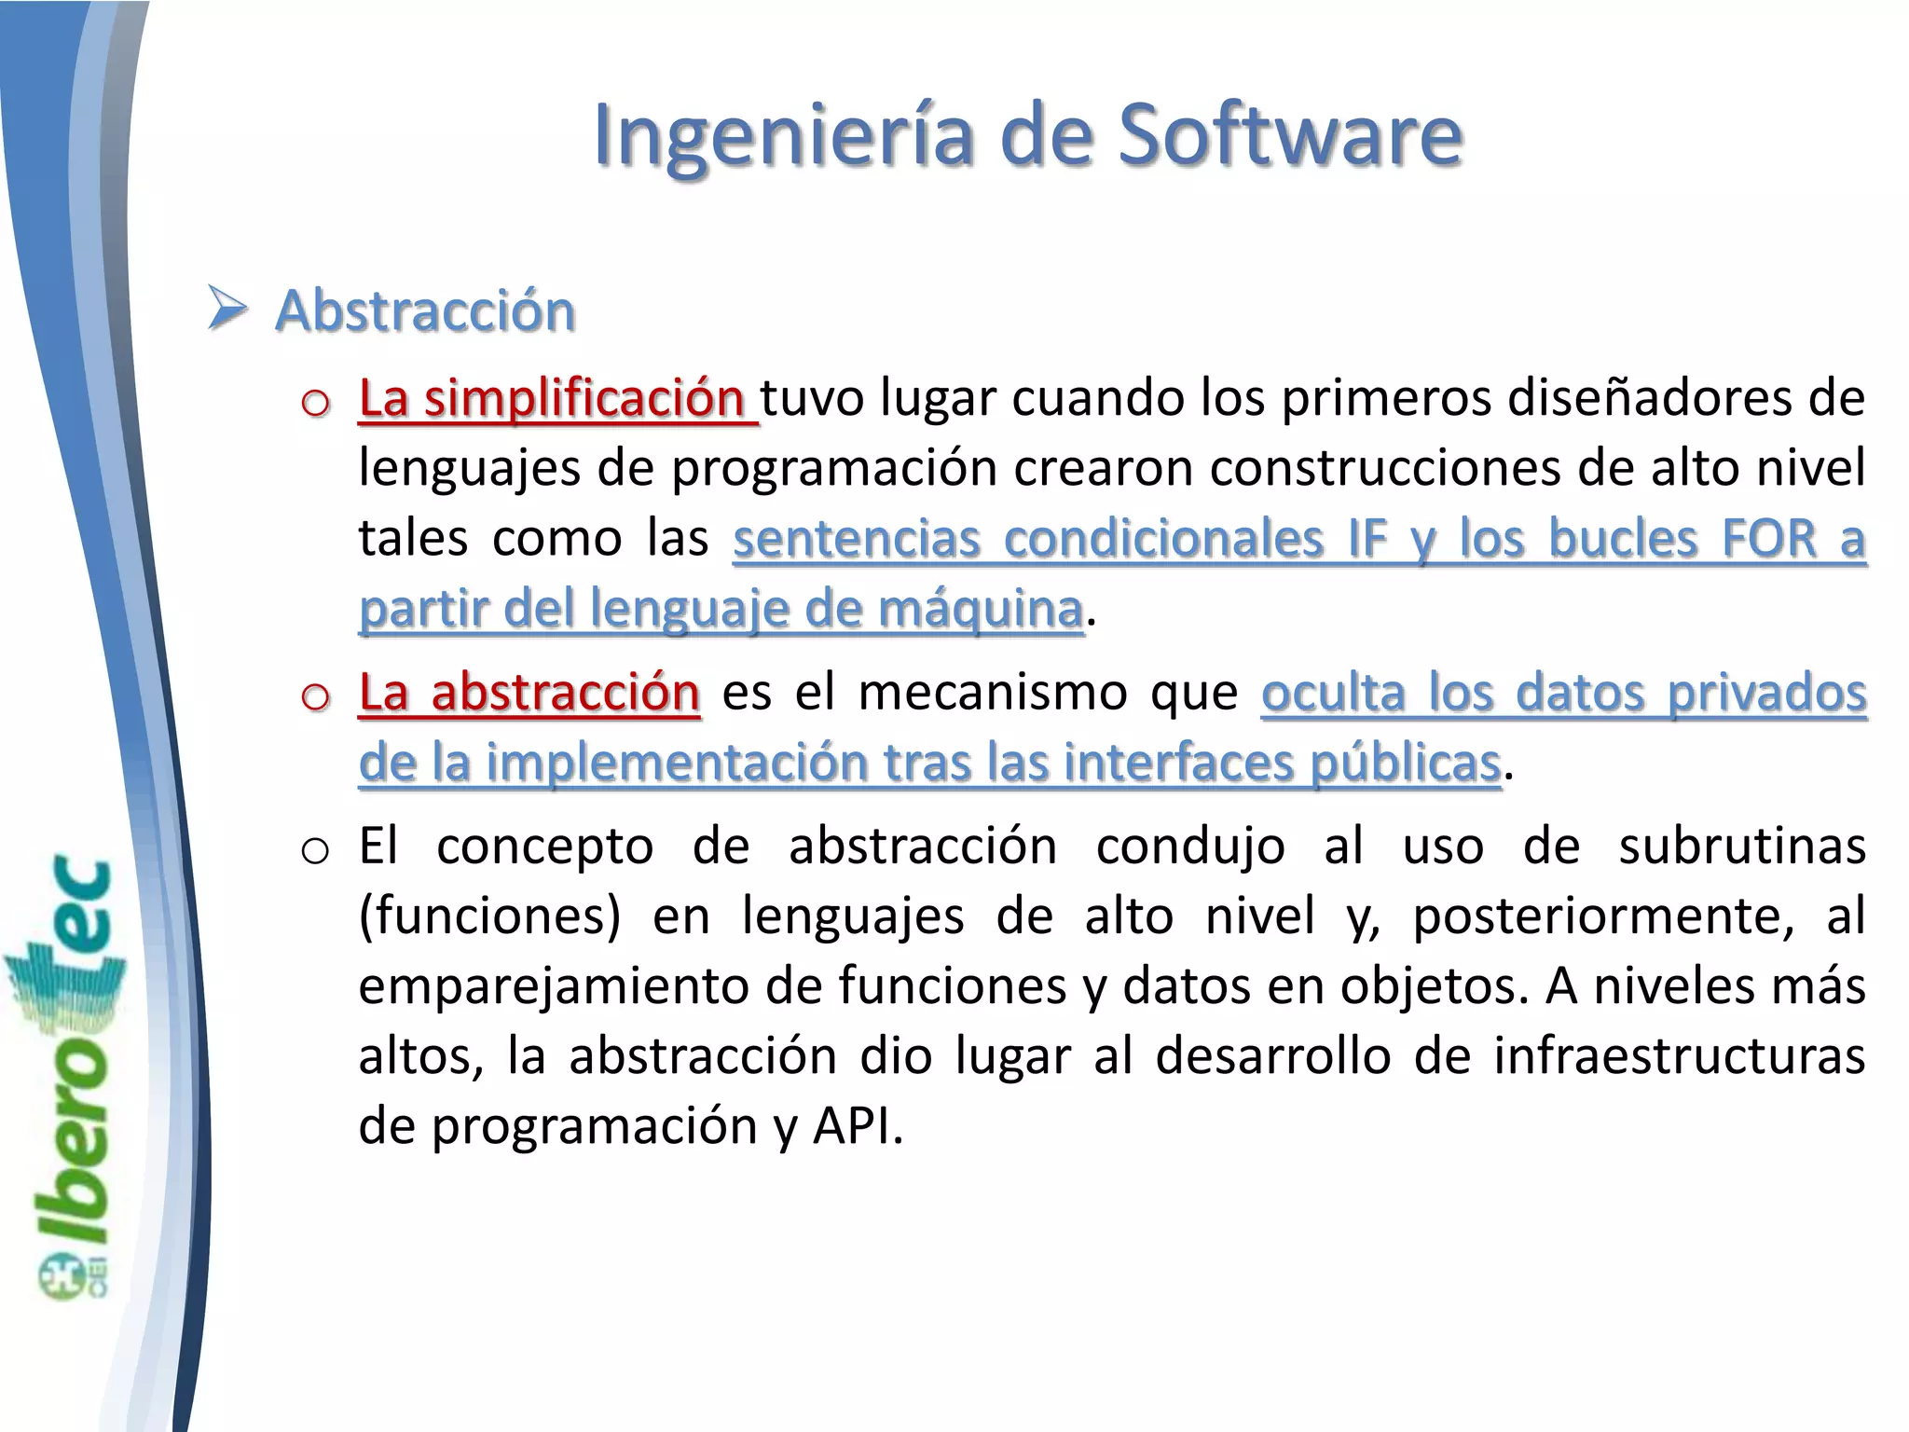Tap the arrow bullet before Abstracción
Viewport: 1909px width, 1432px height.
pos(227,309)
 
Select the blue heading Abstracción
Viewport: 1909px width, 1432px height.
pos(425,310)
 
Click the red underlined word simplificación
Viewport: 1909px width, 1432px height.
pos(584,399)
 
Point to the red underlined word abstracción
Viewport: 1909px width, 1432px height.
pos(565,693)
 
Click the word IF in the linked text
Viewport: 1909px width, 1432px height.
pos(1367,539)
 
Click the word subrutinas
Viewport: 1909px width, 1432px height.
pos(1741,847)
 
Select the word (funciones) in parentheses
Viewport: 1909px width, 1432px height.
pos(489,916)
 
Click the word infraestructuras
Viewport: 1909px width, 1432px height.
pos(1679,1056)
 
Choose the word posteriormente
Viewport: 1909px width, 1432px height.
pos(1603,916)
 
